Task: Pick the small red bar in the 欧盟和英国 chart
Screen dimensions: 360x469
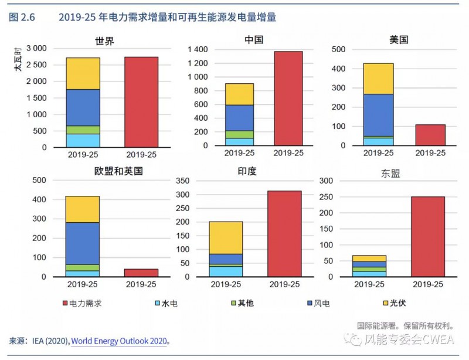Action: click(x=141, y=273)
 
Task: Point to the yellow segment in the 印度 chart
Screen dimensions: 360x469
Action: click(x=226, y=237)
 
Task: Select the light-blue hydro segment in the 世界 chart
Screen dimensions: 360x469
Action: click(x=83, y=140)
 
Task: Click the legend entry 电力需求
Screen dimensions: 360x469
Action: click(x=86, y=303)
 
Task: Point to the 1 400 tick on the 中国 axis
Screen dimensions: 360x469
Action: click(x=198, y=49)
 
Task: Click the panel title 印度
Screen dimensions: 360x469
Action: click(x=247, y=171)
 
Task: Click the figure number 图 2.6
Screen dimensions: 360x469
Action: click(x=22, y=18)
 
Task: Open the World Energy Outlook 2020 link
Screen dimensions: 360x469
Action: click(x=119, y=341)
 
